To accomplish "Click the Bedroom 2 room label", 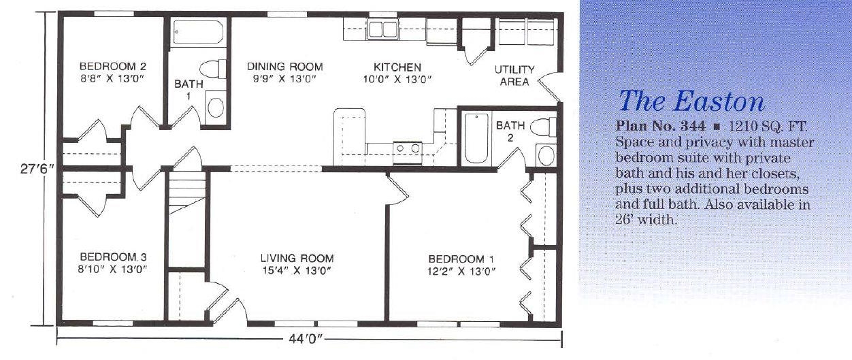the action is click(x=112, y=66).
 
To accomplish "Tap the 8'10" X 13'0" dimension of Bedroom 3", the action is click(x=112, y=269).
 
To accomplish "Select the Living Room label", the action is click(x=297, y=259).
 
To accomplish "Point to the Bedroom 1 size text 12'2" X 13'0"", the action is click(x=462, y=272).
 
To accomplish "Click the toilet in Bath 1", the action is click(x=212, y=69).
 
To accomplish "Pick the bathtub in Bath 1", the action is click(x=198, y=33).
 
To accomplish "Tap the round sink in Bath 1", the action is click(x=216, y=108).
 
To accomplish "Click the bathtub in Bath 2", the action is click(x=476, y=137).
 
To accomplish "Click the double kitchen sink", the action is click(x=383, y=29).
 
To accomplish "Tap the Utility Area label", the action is click(x=514, y=76).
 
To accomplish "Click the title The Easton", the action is click(x=691, y=101).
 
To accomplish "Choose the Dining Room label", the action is click(x=285, y=67).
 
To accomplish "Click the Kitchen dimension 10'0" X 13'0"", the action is click(x=397, y=79).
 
